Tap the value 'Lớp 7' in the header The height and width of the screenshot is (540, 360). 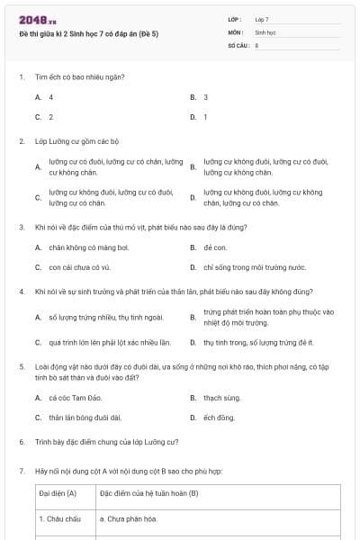coord(262,19)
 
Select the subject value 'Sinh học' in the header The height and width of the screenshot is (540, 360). coord(265,31)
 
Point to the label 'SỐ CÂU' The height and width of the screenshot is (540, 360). coord(238,44)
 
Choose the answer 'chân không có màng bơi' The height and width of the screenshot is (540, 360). coord(83,247)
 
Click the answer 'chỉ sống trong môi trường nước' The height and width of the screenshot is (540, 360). coord(255,267)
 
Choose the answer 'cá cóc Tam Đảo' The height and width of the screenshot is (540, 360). coord(72,397)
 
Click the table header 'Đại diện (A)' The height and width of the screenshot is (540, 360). coord(58,493)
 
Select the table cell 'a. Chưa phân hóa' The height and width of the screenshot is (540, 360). coord(129,519)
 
